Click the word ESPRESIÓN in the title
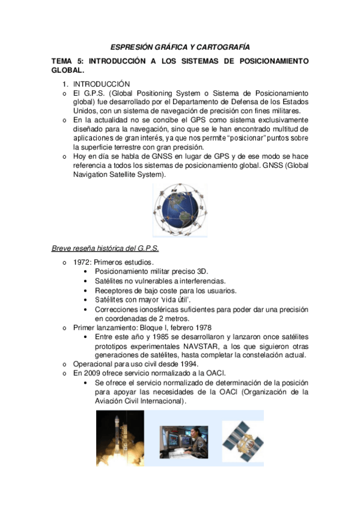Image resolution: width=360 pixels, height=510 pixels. tap(131, 46)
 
